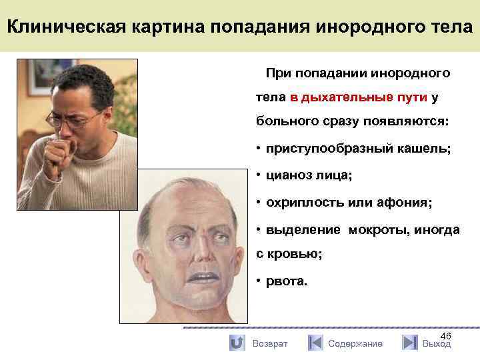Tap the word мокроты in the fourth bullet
click(x=375, y=229)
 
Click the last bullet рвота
click(x=287, y=281)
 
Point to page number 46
click(x=446, y=335)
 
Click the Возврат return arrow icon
click(x=236, y=343)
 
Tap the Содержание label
click(x=355, y=343)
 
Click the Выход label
click(x=437, y=343)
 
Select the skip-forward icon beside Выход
click(x=410, y=343)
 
